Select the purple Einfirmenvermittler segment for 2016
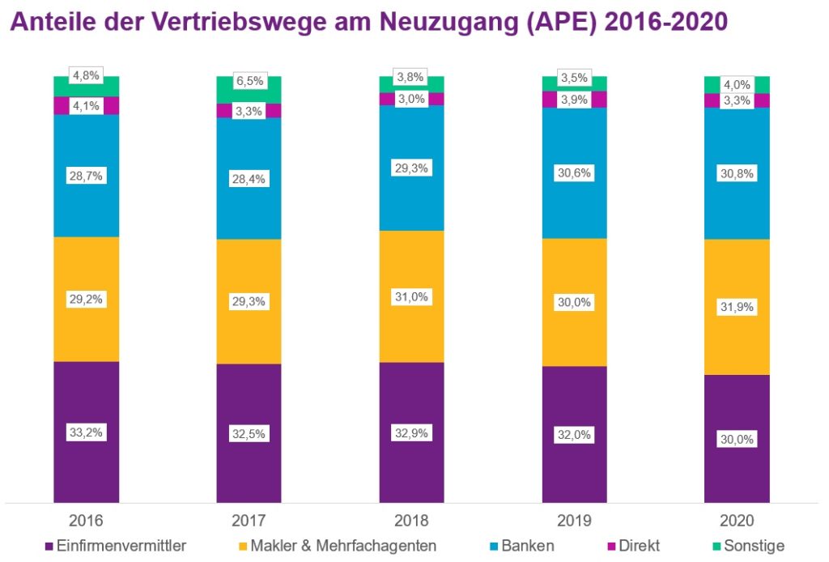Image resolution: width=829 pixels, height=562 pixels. (87, 470)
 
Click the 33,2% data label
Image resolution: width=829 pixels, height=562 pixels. (87, 432)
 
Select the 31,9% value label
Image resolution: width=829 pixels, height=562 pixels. (737, 308)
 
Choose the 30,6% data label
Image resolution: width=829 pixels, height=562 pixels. (574, 172)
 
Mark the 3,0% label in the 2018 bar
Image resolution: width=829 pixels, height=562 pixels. (411, 99)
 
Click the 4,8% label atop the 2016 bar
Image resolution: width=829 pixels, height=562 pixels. (87, 76)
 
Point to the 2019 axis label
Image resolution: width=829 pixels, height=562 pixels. (574, 520)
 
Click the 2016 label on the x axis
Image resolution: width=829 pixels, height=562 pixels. (87, 520)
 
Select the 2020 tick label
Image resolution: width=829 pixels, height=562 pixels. (737, 520)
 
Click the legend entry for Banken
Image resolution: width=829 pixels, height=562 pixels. (527, 546)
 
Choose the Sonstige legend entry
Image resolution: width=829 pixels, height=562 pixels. (753, 546)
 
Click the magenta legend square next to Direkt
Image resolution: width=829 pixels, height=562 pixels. (609, 547)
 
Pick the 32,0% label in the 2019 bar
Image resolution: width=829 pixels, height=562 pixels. (574, 435)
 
